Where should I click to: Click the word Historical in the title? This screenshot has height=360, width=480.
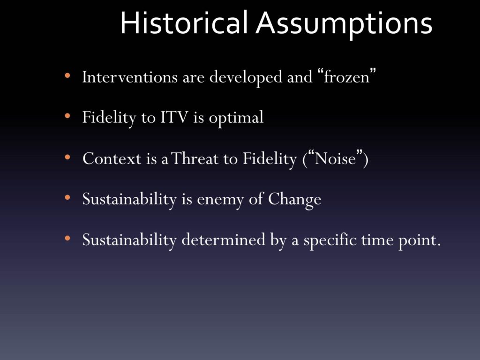point(184,23)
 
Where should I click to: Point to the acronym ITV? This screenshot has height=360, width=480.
point(174,117)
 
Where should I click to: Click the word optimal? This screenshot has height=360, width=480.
point(236,118)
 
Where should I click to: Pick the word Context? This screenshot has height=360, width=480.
point(112,158)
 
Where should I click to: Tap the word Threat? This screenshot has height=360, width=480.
point(195,158)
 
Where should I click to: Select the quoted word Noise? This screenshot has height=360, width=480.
point(335,158)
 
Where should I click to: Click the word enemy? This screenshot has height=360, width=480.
point(220,200)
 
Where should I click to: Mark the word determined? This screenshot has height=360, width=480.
point(224,240)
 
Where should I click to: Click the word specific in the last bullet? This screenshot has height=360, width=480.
point(330,240)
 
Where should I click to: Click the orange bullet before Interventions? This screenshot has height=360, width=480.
point(67,76)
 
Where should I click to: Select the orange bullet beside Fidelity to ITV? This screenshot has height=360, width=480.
point(67,116)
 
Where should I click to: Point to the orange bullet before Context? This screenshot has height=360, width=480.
point(67,157)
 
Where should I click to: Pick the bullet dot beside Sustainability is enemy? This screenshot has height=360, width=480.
point(67,197)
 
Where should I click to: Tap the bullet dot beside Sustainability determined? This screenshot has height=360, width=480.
point(67,238)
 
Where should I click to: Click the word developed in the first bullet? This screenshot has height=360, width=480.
point(246,77)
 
